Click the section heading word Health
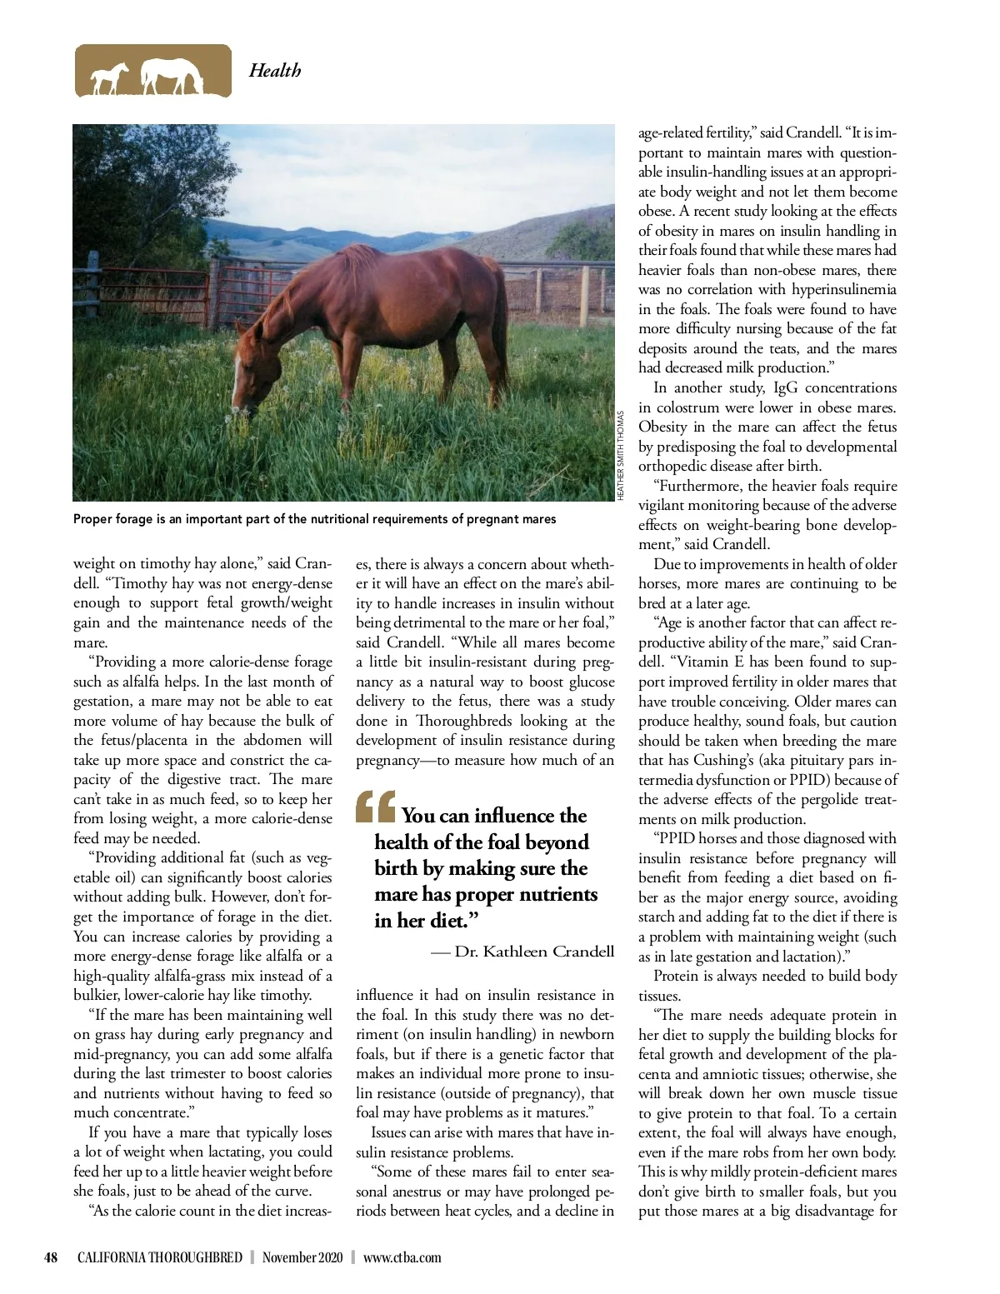[274, 71]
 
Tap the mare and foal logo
[152, 71]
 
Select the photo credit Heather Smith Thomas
[621, 455]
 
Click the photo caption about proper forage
[314, 519]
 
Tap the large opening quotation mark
[375, 807]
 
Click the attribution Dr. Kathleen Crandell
[534, 952]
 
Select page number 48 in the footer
[52, 1257]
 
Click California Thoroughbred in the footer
[160, 1257]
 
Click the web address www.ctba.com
[402, 1257]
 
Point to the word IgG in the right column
[785, 387]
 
